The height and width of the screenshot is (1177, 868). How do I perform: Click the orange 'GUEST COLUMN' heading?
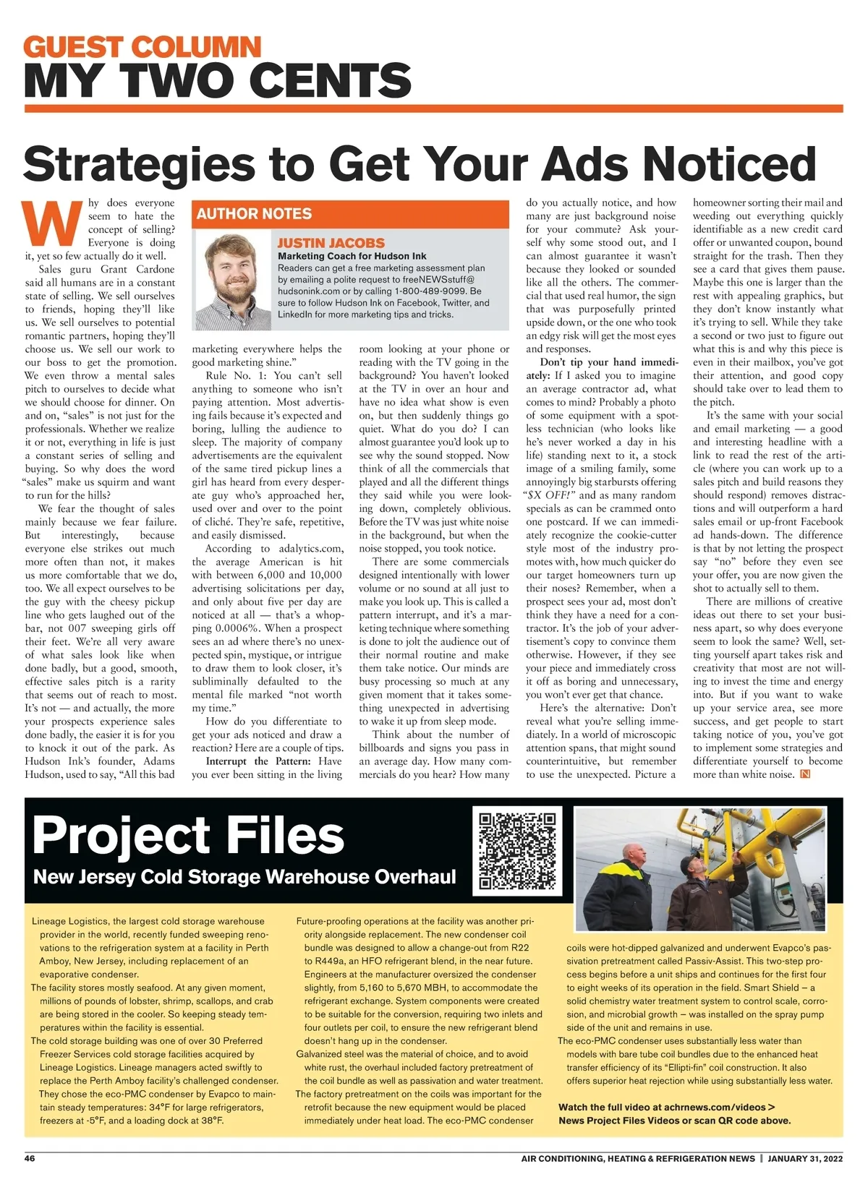[x=142, y=48]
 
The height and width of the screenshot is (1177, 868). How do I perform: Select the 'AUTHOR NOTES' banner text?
[x=254, y=214]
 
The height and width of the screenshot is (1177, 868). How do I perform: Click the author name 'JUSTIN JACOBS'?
[x=331, y=243]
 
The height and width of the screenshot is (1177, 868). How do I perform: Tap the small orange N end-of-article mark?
[x=805, y=774]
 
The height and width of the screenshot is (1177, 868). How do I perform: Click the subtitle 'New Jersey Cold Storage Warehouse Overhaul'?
[x=244, y=877]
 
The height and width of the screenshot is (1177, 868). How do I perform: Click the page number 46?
[x=30, y=1158]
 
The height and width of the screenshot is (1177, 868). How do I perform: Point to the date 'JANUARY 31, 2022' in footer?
[x=805, y=1158]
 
